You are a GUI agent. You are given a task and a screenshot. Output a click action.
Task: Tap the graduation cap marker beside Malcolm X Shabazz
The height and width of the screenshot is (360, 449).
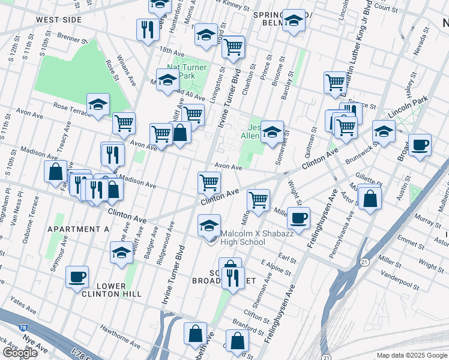[x=209, y=226]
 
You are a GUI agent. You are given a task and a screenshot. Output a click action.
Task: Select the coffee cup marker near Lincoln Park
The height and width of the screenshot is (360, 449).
[x=420, y=145]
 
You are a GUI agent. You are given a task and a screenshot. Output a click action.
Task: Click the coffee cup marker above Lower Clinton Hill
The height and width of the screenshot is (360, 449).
[x=77, y=277]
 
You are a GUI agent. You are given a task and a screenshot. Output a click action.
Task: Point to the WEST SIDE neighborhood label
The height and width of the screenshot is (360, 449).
[x=58, y=20]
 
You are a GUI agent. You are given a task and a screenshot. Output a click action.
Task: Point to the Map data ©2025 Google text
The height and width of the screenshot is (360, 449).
[x=412, y=355]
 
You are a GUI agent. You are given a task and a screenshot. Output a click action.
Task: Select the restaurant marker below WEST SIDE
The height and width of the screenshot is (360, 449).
[x=146, y=30]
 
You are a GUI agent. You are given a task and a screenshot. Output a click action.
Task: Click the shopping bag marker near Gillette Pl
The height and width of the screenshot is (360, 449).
[x=371, y=199]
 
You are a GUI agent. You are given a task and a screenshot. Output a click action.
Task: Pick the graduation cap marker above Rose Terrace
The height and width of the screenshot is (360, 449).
[x=98, y=104]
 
